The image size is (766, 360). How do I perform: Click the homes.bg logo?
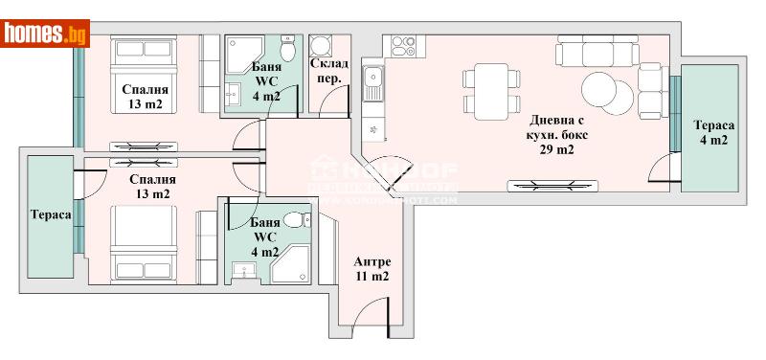pos(46,34)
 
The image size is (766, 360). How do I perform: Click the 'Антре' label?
pos(372,262)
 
